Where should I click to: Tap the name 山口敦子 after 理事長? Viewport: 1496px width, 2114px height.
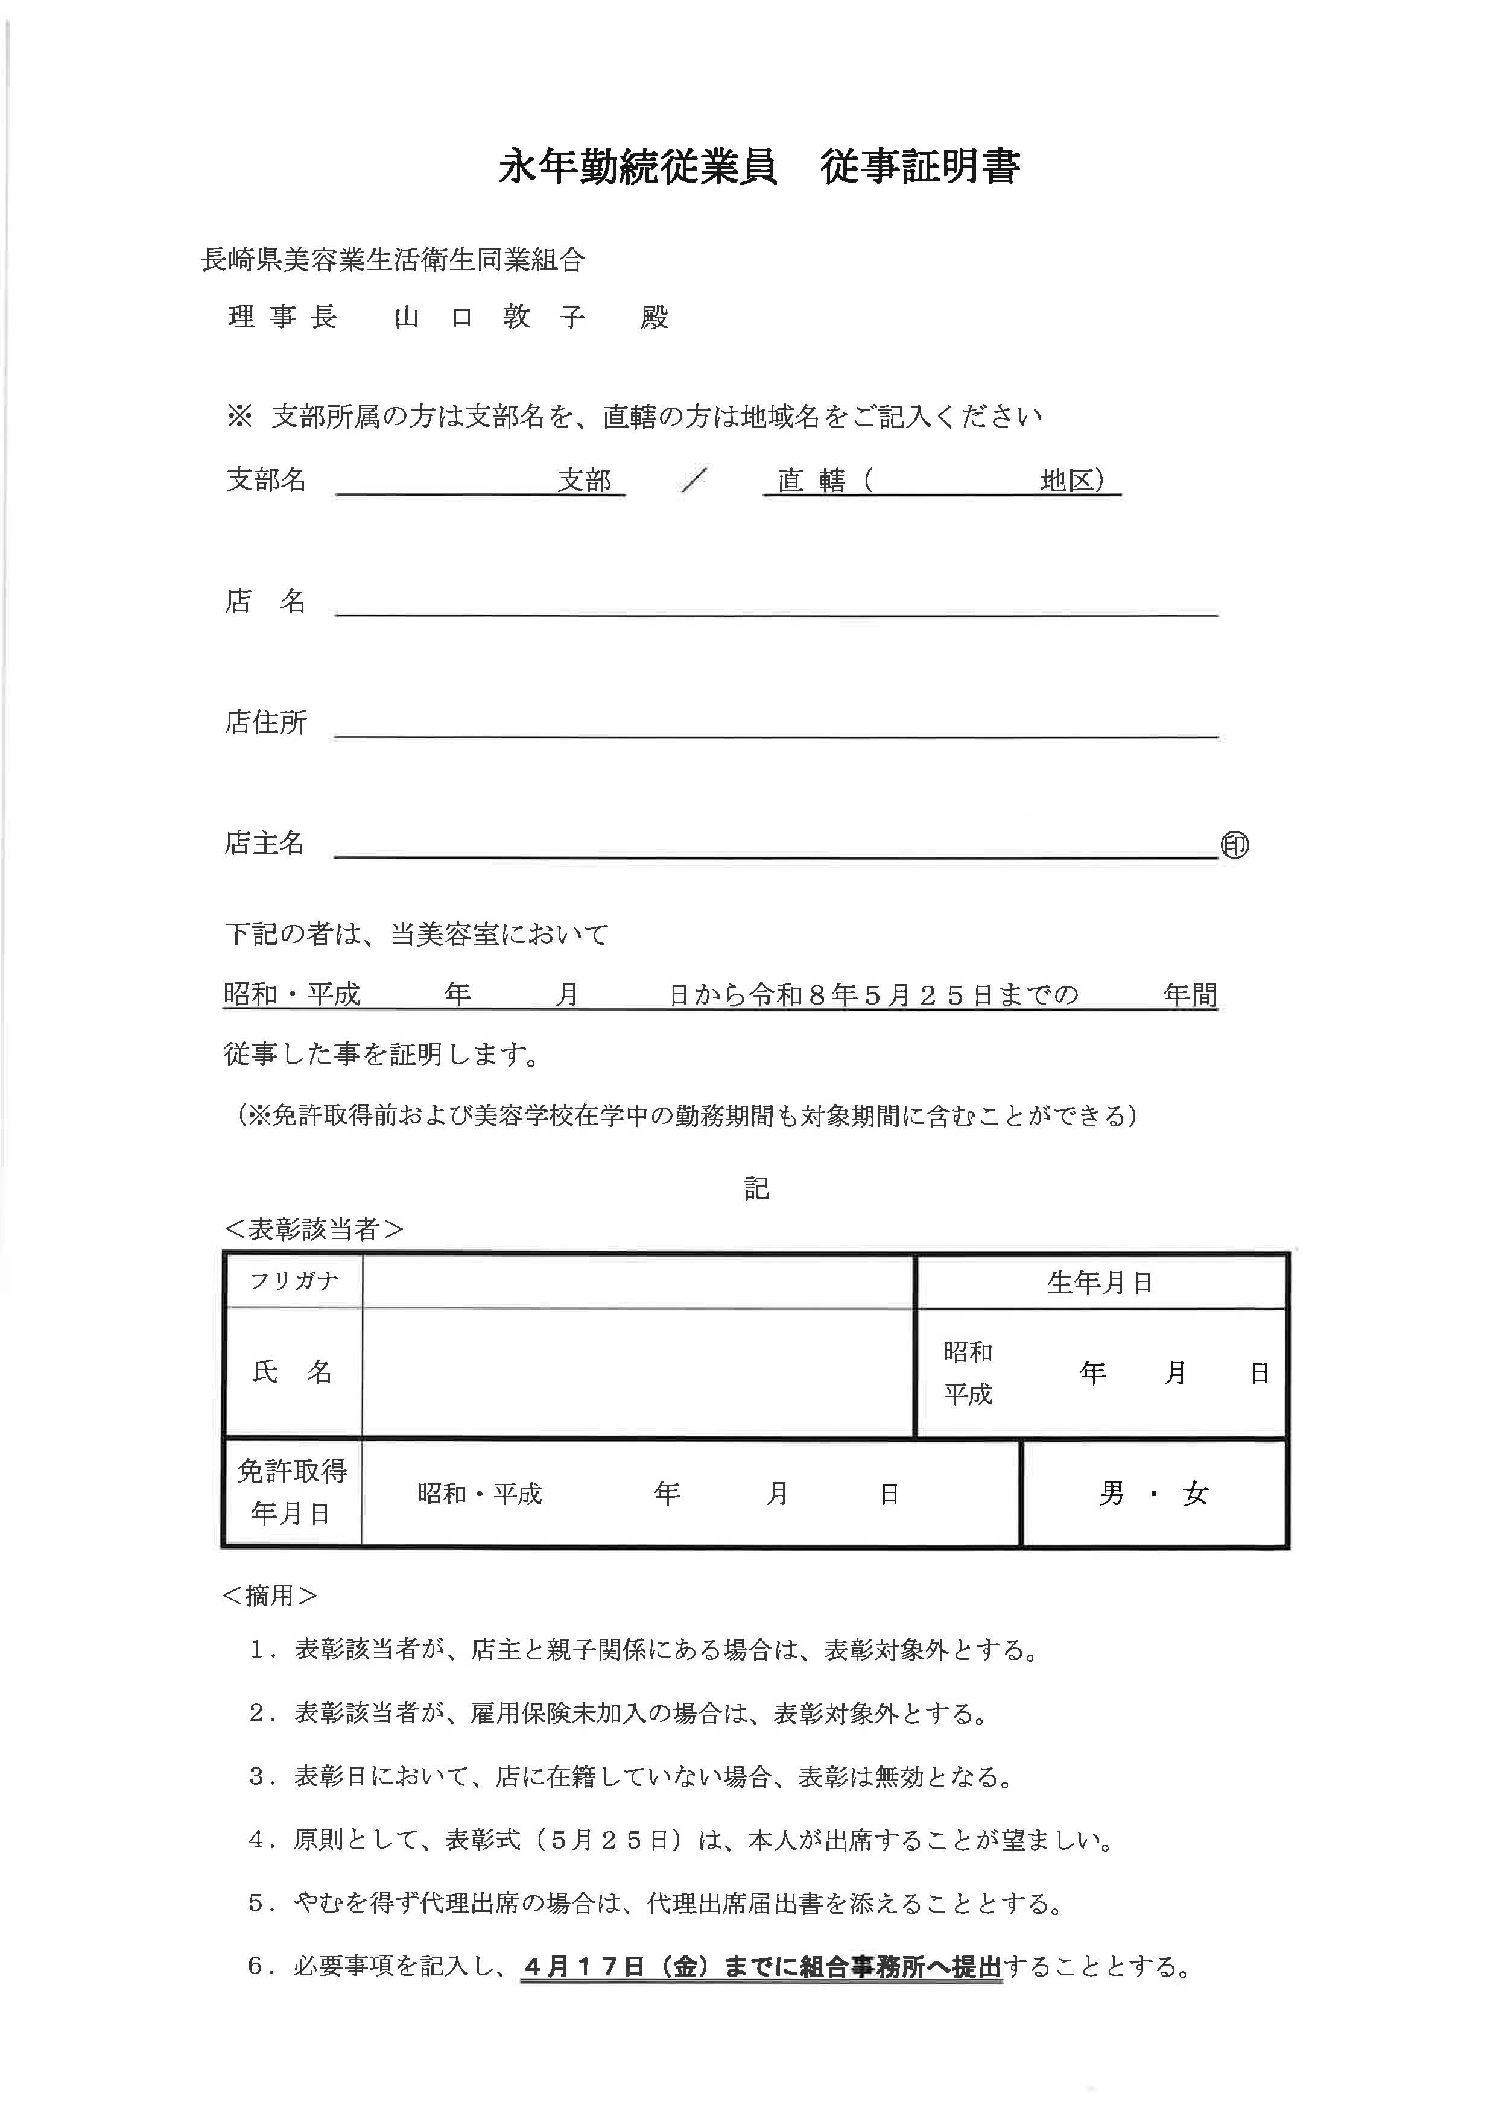point(489,318)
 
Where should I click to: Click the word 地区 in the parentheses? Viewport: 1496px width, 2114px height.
point(1067,480)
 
